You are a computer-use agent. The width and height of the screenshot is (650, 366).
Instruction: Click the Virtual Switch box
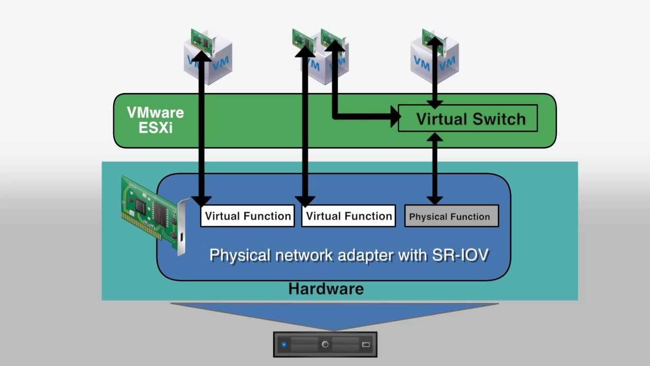pyautogui.click(x=468, y=118)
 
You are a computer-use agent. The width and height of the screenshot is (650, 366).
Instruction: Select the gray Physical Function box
pyautogui.click(x=451, y=216)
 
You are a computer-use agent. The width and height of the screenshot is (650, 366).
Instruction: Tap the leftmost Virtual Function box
pyautogui.click(x=247, y=216)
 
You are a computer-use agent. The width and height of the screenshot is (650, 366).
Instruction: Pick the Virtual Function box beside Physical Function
pyautogui.click(x=348, y=216)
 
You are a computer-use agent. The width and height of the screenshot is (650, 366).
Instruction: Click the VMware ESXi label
pyautogui.click(x=155, y=120)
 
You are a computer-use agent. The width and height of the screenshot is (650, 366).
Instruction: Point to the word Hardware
pyautogui.click(x=326, y=289)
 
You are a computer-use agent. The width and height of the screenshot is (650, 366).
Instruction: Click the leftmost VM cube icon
pyautogui.click(x=208, y=58)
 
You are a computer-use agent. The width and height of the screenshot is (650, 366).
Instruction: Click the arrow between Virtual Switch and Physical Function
pyautogui.click(x=434, y=168)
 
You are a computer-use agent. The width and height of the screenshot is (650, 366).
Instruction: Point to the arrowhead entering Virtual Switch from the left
pyautogui.click(x=395, y=118)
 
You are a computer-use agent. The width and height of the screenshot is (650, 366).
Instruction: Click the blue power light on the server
pyautogui.click(x=284, y=345)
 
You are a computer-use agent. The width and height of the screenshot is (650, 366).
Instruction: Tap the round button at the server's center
pyautogui.click(x=325, y=345)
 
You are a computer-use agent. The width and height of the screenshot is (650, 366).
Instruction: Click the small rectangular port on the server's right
pyautogui.click(x=366, y=345)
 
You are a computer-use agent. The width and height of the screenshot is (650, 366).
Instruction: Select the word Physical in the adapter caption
pyautogui.click(x=239, y=254)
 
